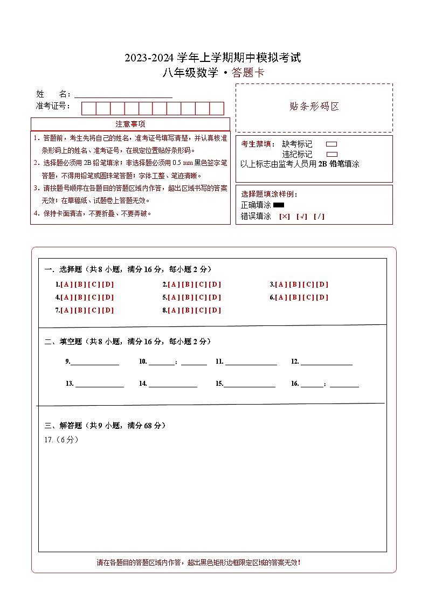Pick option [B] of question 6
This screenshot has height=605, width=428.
coord(294,297)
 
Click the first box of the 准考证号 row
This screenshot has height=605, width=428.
coord(88,108)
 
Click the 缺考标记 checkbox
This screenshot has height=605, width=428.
coord(332,144)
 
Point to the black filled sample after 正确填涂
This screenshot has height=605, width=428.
coord(279,205)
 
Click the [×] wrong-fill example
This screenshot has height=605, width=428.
coord(284,217)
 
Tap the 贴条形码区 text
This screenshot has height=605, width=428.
coord(314,107)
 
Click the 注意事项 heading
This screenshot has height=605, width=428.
coord(130,124)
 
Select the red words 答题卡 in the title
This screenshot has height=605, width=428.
coord(248,73)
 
